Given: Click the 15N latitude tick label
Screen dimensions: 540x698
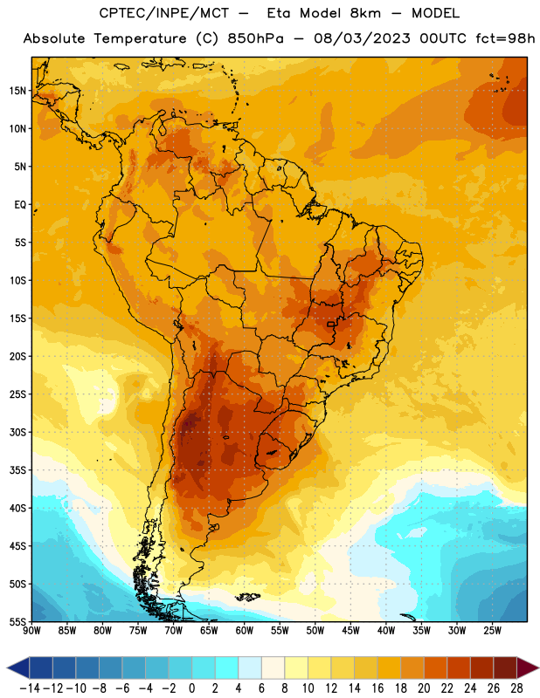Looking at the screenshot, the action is tap(17, 91).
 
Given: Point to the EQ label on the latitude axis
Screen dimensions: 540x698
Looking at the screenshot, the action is tap(20, 205).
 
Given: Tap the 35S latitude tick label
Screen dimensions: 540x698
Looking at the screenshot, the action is tap(17, 470).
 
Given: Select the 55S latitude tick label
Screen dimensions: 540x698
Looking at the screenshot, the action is tap(17, 622).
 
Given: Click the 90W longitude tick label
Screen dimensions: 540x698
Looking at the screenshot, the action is tap(31, 631).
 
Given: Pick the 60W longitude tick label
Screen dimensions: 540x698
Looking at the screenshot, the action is tap(245, 631).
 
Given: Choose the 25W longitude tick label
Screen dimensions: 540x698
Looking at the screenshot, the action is tap(492, 631).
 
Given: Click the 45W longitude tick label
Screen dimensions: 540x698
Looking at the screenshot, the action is tap(350, 631).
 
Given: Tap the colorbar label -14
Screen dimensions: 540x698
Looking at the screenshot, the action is tap(30, 688).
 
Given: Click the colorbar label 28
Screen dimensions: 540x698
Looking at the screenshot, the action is tap(516, 688).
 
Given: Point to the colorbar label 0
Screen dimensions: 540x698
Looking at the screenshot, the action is tap(191, 688).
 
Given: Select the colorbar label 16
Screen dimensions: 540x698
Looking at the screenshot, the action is tap(377, 688).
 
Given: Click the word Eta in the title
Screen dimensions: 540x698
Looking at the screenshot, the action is tap(279, 13).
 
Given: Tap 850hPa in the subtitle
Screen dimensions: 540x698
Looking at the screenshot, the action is tap(255, 38).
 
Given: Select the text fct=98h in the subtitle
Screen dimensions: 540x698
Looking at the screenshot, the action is tap(505, 38).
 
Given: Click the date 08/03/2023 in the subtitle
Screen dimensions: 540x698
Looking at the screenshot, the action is tap(362, 38).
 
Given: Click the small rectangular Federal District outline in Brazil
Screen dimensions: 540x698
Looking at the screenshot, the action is tap(331, 324).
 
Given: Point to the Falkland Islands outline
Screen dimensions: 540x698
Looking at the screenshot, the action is tap(247, 597).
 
